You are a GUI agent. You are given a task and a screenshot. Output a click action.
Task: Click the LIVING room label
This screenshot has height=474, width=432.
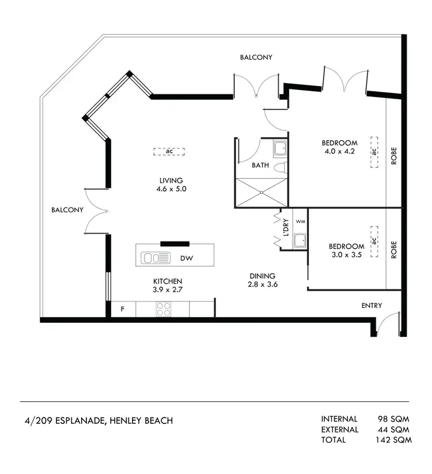171,180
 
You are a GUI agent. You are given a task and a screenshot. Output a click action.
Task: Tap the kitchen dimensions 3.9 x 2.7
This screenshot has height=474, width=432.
168,290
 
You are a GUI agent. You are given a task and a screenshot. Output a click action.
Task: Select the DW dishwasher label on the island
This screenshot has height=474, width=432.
186,258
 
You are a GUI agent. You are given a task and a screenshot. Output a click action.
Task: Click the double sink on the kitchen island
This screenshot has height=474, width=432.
156,258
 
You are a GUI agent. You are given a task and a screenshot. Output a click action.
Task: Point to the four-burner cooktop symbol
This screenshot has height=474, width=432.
163,310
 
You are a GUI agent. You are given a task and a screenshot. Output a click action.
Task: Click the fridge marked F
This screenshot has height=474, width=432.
122,310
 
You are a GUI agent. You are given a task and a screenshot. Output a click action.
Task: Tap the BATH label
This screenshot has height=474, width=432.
260,165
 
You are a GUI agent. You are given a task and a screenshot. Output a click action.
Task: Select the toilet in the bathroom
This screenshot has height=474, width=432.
279,168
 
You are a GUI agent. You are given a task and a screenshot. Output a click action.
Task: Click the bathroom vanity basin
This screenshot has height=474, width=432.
280,149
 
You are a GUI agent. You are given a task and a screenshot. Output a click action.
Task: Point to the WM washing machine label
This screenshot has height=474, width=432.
300,221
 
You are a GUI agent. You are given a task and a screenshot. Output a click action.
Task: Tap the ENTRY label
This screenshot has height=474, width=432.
372,306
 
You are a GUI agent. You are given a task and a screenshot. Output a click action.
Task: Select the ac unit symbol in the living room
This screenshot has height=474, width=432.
169,152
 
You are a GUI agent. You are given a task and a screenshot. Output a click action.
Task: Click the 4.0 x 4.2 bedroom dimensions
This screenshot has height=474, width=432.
339,152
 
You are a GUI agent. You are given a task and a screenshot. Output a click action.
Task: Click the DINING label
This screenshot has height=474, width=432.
262,276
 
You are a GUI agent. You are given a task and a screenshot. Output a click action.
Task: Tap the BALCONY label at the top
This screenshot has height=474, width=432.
256,58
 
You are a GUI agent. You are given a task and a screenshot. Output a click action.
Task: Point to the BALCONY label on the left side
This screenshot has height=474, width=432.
67,210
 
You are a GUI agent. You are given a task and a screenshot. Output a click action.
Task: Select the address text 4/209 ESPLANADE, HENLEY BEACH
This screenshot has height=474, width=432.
96,420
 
